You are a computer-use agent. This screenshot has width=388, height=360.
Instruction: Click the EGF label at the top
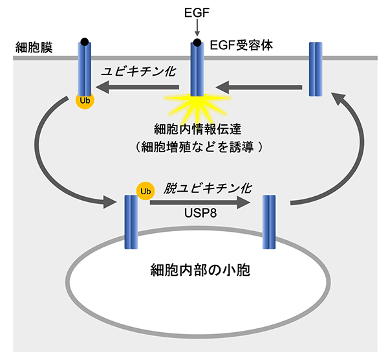tap(195, 11)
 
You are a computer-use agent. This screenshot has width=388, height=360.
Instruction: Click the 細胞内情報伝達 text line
tap(194, 128)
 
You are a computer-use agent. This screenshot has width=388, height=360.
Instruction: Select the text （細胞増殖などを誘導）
tap(194, 147)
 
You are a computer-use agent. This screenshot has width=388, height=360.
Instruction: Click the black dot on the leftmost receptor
tap(85, 42)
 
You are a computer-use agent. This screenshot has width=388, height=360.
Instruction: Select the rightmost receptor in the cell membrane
tap(316, 69)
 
